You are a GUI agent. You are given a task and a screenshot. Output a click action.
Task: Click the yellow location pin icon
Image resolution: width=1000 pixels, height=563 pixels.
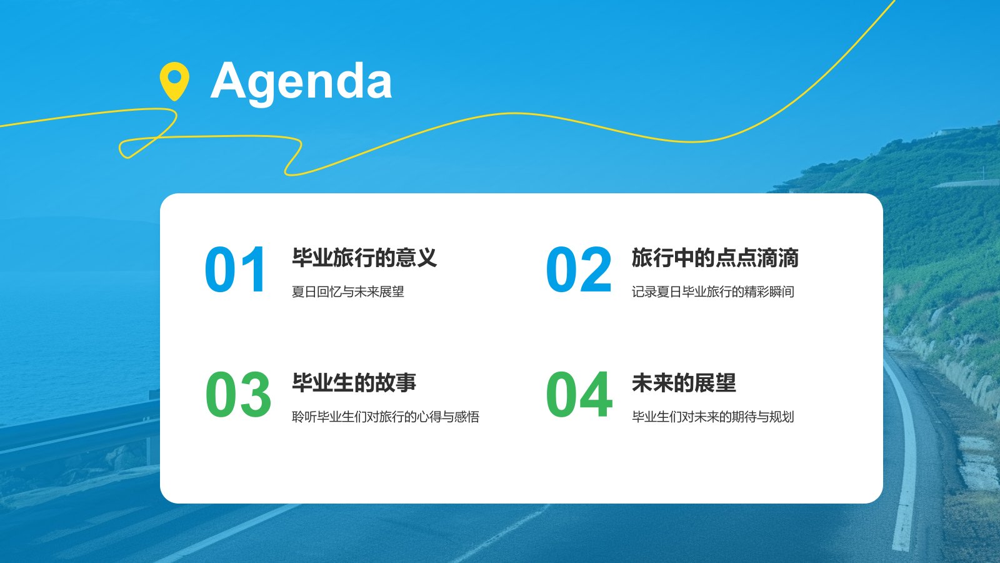point(174,81)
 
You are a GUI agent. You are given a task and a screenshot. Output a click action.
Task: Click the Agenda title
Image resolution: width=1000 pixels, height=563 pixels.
point(301,83)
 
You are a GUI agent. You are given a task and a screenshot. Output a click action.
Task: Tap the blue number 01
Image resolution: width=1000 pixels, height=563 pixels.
point(236,269)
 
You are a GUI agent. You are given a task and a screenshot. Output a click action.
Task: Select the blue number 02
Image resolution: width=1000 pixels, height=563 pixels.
point(579,269)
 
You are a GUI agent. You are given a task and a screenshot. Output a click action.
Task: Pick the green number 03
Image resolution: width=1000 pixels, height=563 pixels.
point(238,394)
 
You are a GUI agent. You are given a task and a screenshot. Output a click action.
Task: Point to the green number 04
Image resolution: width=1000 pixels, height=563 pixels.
point(579,394)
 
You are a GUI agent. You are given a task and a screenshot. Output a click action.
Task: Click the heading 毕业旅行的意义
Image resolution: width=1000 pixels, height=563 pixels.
point(364,258)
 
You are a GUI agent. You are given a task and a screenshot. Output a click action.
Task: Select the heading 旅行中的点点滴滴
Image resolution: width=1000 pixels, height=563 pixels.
point(715,258)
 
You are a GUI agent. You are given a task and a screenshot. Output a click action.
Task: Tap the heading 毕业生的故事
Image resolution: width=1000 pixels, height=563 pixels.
point(354,383)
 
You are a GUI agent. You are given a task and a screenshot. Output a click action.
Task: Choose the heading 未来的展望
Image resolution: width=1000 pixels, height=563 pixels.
point(684,383)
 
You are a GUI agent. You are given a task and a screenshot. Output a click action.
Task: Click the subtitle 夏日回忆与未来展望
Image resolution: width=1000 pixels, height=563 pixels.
point(347,292)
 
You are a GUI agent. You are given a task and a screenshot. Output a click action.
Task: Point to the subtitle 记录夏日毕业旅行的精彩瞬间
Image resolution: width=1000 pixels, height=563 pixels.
point(713,292)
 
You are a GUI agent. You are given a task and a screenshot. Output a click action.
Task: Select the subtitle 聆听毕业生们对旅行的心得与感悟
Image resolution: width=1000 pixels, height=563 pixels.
point(386,417)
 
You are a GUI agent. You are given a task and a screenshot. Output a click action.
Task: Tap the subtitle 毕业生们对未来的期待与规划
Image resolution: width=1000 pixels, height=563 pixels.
point(713,417)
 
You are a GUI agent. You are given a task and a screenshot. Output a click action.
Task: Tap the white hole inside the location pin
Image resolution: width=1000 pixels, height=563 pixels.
point(174,76)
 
